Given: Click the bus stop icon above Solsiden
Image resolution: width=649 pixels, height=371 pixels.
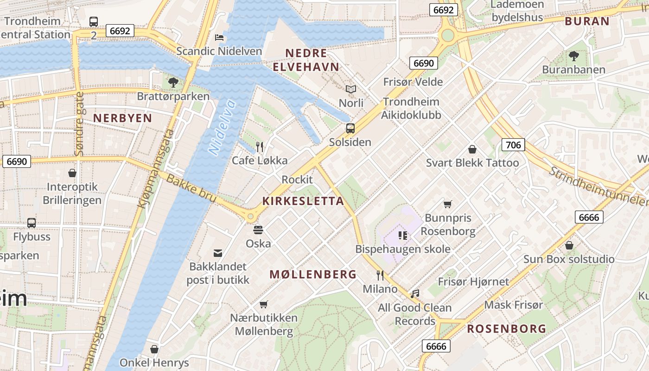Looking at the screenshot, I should click(x=350, y=128).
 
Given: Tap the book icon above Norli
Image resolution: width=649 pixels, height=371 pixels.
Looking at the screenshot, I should click(x=351, y=89).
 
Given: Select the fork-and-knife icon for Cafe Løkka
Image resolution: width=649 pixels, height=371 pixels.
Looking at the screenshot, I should click(x=260, y=147).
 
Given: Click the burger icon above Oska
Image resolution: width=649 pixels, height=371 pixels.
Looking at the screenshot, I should click(x=258, y=230).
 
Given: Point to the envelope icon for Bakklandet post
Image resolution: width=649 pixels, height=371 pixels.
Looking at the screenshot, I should click(x=218, y=253).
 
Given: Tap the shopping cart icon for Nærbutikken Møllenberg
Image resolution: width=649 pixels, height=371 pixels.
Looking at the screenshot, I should click(x=264, y=304).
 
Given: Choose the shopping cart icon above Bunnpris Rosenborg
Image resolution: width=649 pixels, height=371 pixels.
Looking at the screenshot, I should click(x=448, y=204).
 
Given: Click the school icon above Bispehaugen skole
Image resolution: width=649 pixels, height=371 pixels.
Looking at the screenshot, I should click(x=403, y=236).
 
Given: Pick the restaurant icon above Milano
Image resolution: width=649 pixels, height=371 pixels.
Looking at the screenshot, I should click(x=380, y=275).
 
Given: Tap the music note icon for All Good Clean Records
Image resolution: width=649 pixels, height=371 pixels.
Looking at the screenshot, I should click(x=415, y=294).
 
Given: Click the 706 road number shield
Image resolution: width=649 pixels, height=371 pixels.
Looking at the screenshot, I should click(x=513, y=145).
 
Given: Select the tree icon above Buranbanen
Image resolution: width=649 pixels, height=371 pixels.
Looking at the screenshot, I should click(x=573, y=56).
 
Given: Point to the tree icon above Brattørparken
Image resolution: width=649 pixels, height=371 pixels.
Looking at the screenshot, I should click(x=173, y=83).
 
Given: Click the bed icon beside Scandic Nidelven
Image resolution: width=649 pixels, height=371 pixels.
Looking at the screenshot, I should click(x=219, y=37).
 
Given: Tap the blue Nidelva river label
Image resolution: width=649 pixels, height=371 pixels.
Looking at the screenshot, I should click(x=223, y=128).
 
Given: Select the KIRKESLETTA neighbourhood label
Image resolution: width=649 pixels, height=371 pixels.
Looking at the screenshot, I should click(x=303, y=201).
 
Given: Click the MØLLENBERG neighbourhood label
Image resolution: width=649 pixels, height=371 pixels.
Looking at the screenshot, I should click(x=313, y=274).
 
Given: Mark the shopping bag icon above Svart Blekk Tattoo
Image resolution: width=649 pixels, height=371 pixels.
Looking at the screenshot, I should click(x=472, y=149).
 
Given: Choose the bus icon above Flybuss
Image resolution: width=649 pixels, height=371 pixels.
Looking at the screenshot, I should click(x=32, y=223).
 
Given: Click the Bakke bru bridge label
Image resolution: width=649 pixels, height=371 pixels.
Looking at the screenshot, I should click(x=191, y=188).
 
